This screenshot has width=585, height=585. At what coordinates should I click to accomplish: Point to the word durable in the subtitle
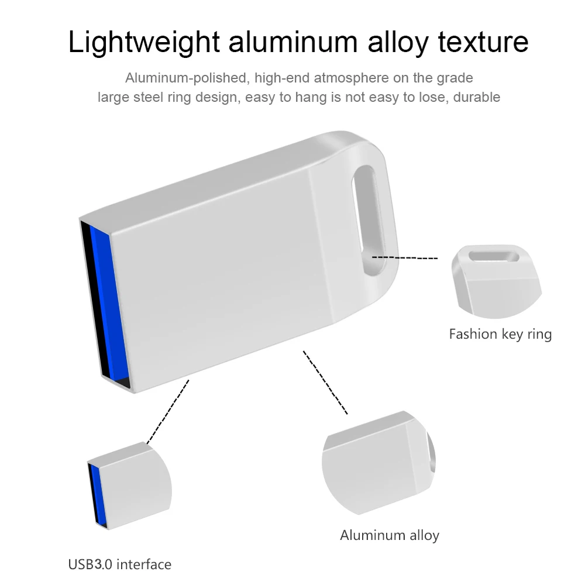click(x=477, y=97)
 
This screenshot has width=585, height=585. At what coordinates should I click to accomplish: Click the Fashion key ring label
click(x=500, y=334)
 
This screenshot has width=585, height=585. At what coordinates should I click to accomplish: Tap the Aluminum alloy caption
click(x=390, y=535)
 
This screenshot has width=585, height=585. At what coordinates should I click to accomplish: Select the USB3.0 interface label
click(x=120, y=565)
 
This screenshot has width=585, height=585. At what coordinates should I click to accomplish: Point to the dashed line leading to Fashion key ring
click(x=405, y=257)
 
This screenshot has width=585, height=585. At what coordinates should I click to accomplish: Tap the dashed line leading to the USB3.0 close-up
click(x=168, y=411)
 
